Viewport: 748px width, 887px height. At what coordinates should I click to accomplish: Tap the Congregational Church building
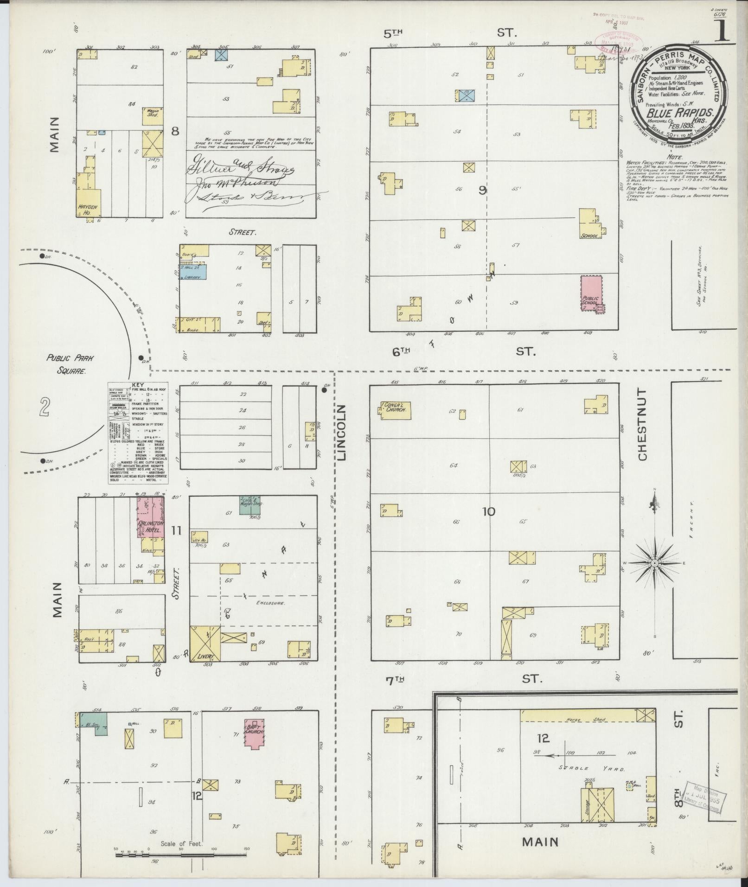pyautogui.click(x=395, y=410)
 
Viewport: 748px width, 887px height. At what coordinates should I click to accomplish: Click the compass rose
pyautogui.click(x=654, y=563)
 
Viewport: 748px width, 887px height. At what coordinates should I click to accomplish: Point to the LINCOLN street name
pyautogui.click(x=342, y=432)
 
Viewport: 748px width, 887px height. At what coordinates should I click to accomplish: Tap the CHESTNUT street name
pyautogui.click(x=642, y=424)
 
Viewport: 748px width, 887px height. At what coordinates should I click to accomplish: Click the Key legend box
pyautogui.click(x=138, y=433)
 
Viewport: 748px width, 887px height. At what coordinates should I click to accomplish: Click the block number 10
pyautogui.click(x=489, y=512)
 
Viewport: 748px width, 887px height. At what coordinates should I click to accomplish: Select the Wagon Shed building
pyautogui.click(x=153, y=113)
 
